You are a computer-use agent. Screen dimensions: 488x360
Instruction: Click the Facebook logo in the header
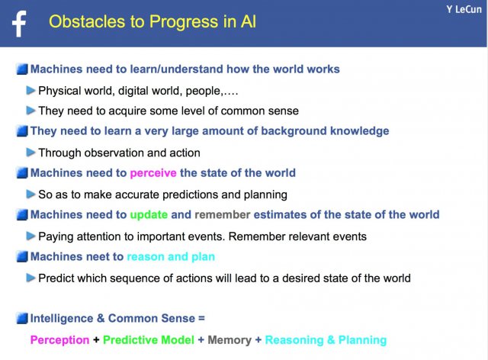(x=19, y=24)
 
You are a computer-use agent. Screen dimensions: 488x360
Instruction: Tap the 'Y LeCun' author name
(x=464, y=9)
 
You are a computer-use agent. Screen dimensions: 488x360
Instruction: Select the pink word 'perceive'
(x=153, y=173)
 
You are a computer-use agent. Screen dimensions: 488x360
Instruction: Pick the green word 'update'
(x=149, y=214)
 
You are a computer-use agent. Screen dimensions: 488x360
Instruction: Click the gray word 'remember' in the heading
(x=223, y=214)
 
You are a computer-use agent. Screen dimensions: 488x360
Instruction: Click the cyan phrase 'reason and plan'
(x=171, y=256)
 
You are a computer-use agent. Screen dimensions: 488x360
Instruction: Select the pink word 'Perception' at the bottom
(x=59, y=340)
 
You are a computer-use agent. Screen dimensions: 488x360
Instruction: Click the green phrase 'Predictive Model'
(x=149, y=339)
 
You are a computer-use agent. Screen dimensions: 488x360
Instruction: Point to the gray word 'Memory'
(x=230, y=340)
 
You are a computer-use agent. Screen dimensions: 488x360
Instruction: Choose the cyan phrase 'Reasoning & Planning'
(x=326, y=340)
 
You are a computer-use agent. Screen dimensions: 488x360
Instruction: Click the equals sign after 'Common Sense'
(x=201, y=318)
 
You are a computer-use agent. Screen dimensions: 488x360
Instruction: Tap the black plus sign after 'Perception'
(x=96, y=339)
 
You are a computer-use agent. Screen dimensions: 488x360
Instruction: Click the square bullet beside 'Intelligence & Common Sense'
(x=22, y=318)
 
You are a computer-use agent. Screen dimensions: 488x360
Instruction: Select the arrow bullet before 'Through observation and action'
(x=30, y=153)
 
